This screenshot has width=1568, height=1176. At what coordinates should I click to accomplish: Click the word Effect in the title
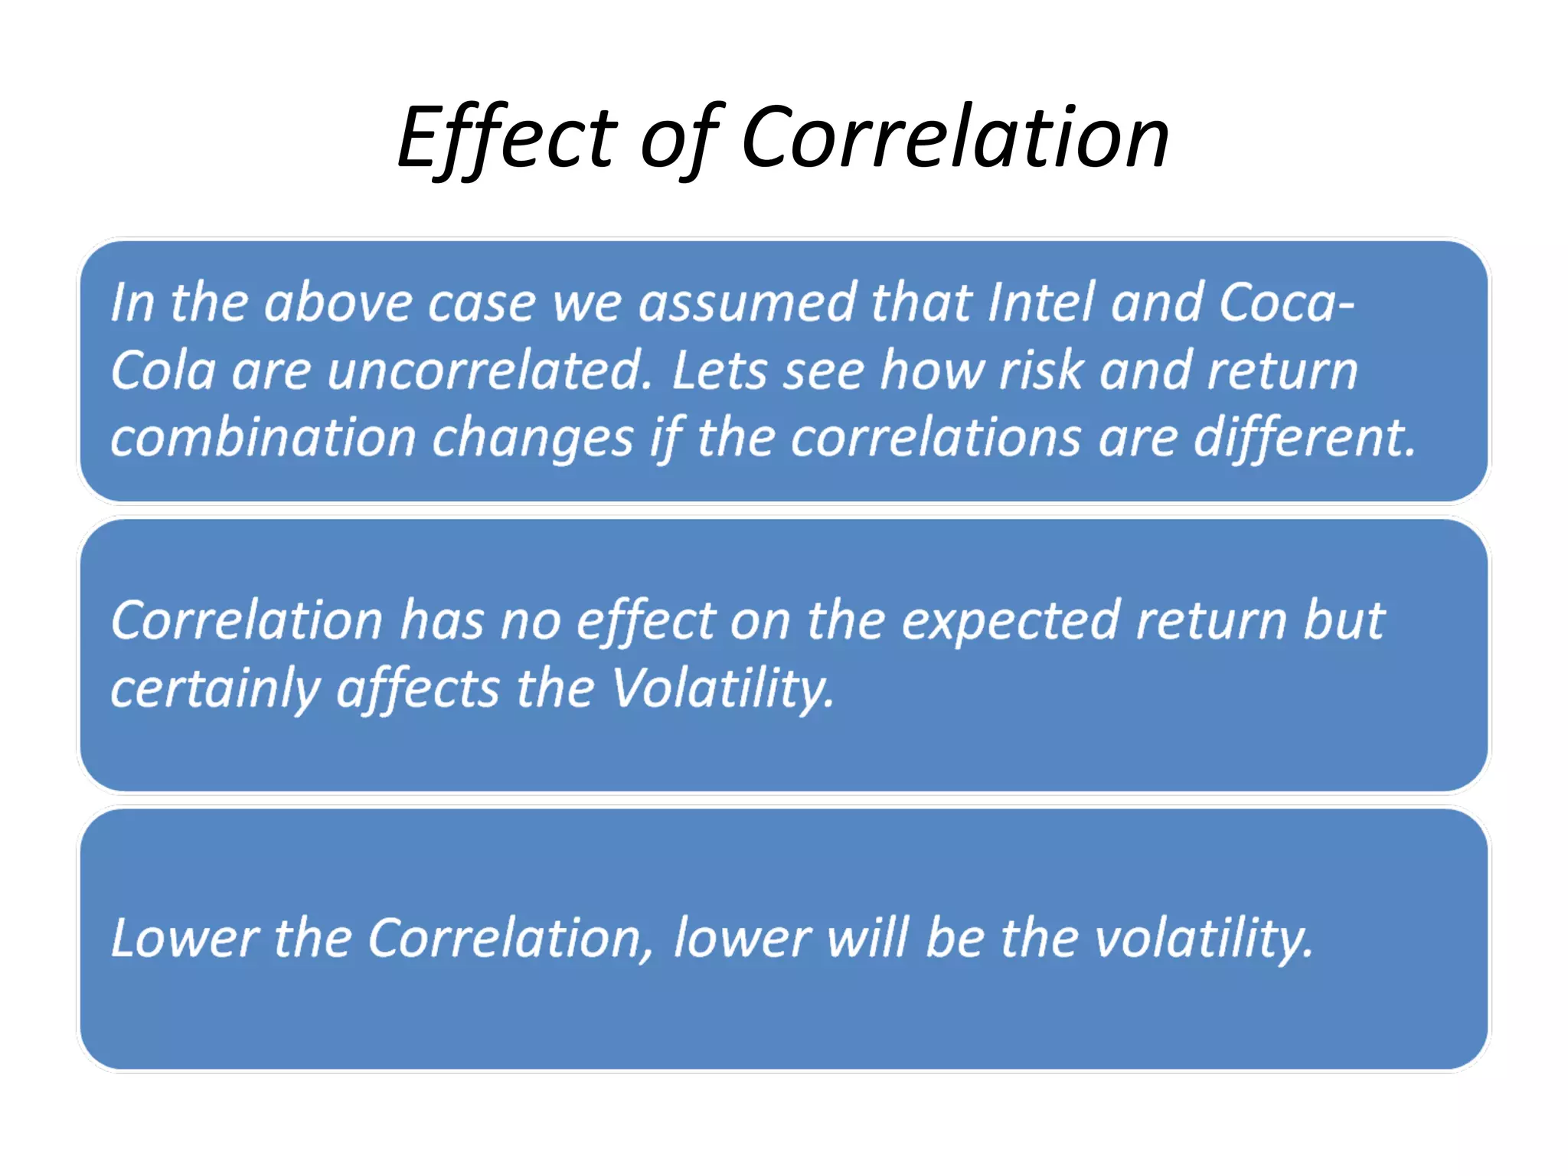[x=506, y=138]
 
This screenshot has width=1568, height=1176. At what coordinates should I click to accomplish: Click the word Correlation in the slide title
[x=955, y=138]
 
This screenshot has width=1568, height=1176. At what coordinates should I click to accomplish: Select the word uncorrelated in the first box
[x=488, y=371]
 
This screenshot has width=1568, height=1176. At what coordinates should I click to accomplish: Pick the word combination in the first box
[x=263, y=438]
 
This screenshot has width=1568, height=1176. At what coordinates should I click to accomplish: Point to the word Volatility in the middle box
[x=722, y=688]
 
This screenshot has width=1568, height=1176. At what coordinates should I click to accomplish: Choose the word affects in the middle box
[x=418, y=688]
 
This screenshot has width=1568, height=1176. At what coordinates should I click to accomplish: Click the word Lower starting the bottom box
[x=185, y=938]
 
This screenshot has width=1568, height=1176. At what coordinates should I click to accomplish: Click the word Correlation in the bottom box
[x=510, y=938]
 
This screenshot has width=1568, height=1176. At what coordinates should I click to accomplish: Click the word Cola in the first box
[x=162, y=371]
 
